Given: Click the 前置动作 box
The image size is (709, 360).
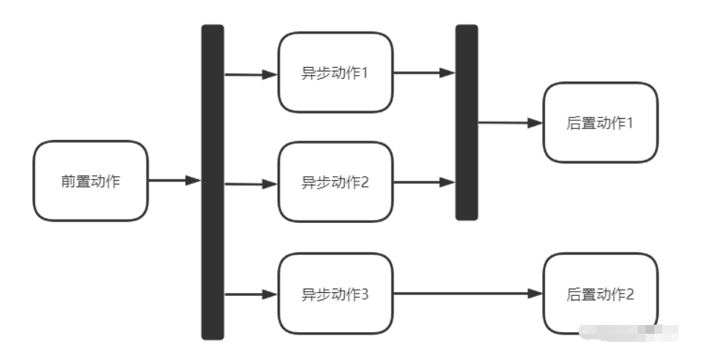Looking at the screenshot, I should point(90,181).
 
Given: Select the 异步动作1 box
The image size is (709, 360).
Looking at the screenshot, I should point(335,72).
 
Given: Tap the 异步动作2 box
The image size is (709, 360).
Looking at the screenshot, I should point(335,182).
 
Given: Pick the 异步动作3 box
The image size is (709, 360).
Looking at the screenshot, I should point(335,294).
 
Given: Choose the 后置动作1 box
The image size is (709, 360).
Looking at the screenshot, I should point(600,122).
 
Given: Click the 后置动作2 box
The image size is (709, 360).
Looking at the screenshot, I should point(600,294).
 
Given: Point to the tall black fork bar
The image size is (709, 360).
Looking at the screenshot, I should point(212,182).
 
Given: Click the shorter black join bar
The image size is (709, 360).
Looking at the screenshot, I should point(466,122).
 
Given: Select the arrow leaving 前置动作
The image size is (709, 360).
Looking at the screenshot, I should point(174,181).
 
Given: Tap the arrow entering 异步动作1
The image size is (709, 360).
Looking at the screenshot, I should point(251,74).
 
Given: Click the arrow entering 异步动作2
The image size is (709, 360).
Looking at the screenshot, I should point(251,184).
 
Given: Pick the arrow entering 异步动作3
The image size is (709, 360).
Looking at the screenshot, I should point(251,294).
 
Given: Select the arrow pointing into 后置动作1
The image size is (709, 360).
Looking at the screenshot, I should point(510,123).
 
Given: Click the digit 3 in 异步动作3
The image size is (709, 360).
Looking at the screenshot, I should point(365,294).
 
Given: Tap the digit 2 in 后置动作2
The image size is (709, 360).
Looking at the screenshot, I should point(630,294).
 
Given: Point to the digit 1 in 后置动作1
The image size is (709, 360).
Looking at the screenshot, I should point(630,123).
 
